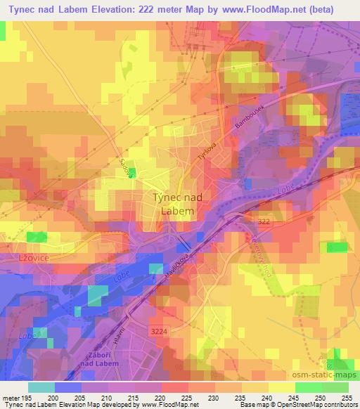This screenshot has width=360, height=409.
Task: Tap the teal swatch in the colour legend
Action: click(41, 387)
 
